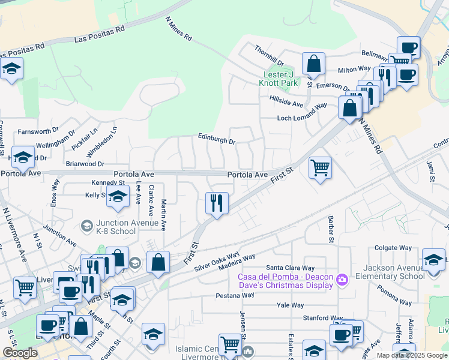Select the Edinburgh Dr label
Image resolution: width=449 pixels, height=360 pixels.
[217, 139]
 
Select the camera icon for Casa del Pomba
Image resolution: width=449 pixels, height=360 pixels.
[342, 280]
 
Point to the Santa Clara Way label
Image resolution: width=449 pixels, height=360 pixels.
[291, 268]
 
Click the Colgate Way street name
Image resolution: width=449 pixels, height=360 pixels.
[393, 247]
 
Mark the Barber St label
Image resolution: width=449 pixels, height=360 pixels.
[330, 230]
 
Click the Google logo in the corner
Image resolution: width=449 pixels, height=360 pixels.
[20, 353]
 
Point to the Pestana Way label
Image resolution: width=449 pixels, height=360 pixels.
[237, 296]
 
